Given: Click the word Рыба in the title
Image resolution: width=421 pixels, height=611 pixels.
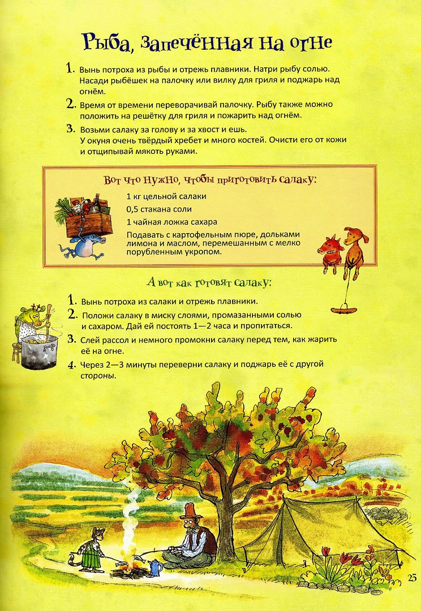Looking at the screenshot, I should click(107, 42).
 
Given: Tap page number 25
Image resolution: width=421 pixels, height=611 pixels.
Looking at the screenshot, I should click(411, 579).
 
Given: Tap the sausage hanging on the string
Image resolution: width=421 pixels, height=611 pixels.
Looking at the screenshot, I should click(343, 309).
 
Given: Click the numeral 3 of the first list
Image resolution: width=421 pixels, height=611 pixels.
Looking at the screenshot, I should click(71, 129).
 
